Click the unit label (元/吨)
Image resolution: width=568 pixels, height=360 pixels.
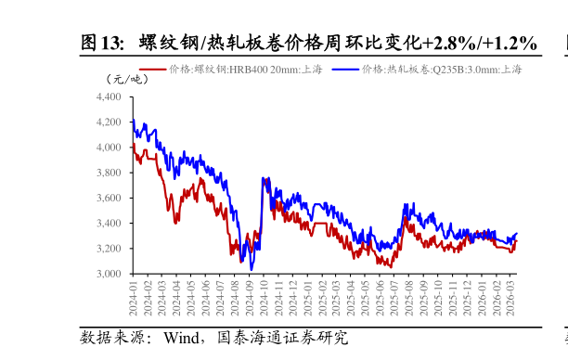(126, 79)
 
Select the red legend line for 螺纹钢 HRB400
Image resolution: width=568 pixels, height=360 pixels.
(152, 70)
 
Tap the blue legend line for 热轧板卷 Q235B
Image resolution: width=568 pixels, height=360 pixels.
(345, 70)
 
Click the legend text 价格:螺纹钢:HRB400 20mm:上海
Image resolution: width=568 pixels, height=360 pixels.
(245, 70)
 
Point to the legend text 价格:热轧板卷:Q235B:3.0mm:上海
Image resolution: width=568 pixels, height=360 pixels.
(442, 70)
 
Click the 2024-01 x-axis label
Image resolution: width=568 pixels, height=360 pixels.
(133, 299)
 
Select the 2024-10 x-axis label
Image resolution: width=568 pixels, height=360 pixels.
(264, 299)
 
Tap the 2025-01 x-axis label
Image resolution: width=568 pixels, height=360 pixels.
(307, 299)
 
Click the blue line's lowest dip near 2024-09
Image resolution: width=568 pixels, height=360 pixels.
(252, 269)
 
